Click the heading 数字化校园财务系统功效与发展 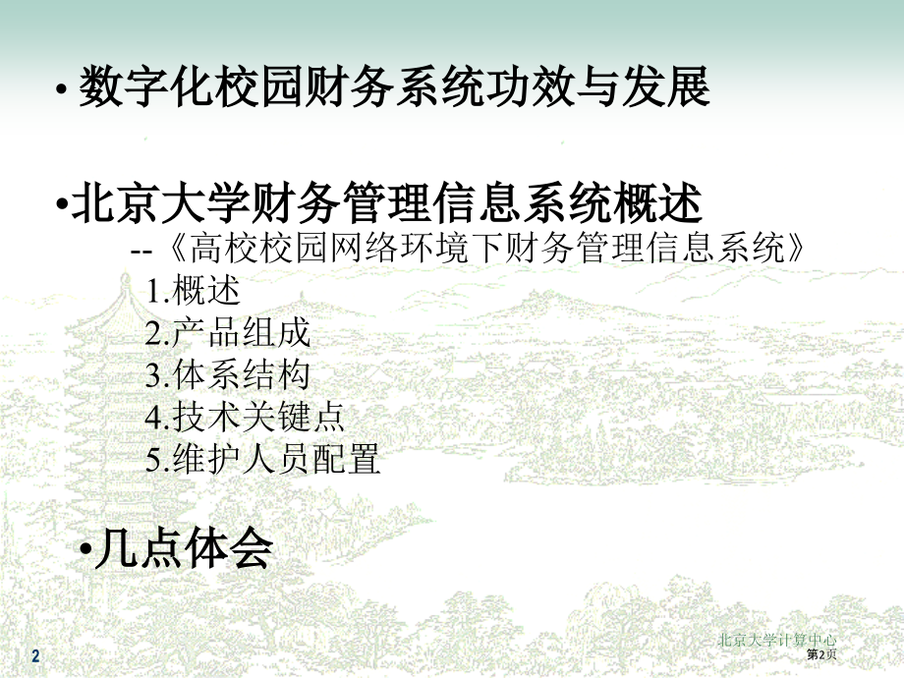(394, 86)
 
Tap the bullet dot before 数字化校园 (60, 89)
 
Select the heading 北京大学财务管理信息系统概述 (387, 202)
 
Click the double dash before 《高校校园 (141, 251)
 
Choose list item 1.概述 (193, 290)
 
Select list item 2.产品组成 (228, 332)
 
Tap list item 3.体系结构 (228, 374)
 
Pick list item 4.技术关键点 (245, 417)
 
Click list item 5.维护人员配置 (262, 459)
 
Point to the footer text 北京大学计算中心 (777, 640)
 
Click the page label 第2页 (821, 653)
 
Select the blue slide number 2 (35, 655)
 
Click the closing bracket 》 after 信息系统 (796, 248)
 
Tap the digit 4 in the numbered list (152, 418)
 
